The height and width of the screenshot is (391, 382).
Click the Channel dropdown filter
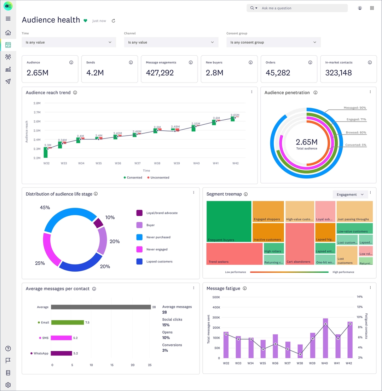click(171, 42)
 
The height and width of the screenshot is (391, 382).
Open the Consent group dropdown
click(273, 42)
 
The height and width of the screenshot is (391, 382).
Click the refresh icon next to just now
click(114, 21)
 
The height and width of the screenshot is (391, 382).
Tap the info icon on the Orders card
click(310, 62)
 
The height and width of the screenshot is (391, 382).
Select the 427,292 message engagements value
click(160, 73)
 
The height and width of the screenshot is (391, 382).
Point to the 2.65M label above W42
click(235, 115)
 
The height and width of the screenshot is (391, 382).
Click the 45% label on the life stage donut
click(45, 208)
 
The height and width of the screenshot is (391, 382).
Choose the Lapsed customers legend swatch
click(139, 261)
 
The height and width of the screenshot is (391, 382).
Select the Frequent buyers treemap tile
click(229, 221)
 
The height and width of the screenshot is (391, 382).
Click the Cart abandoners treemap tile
click(300, 244)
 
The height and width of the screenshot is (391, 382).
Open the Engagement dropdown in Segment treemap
click(350, 194)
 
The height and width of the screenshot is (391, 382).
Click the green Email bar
click(67, 322)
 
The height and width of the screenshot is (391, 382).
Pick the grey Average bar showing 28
click(101, 307)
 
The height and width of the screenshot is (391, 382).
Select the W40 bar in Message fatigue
click(325, 338)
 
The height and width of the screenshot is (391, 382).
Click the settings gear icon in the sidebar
click(8, 385)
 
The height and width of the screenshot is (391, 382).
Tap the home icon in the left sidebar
click(8, 33)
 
